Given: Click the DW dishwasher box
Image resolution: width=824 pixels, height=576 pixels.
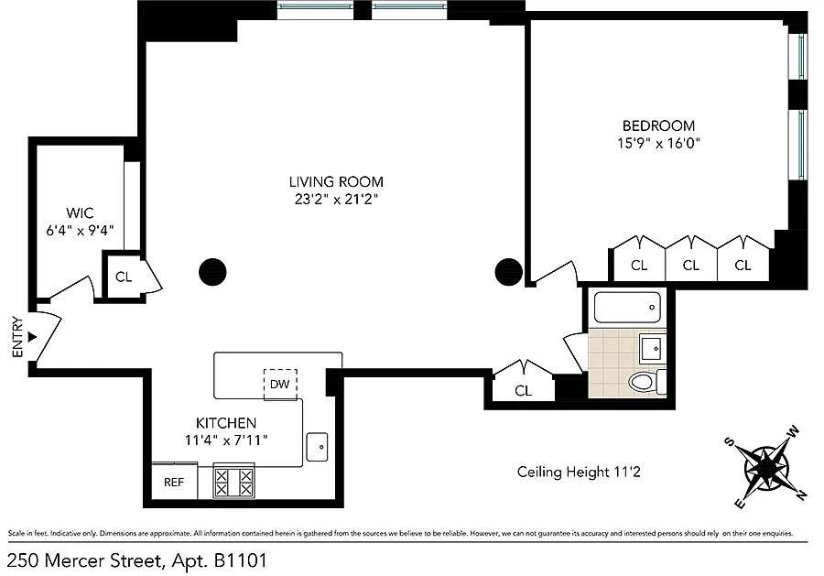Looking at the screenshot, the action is point(280,385).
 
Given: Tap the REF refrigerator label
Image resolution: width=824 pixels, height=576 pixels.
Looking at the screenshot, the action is point(174,482).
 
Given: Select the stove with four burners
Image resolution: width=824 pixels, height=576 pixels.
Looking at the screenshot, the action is point(233,481).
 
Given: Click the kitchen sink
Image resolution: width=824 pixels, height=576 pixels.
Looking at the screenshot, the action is point(317,447).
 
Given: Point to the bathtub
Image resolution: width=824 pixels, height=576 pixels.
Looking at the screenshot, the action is point(627,307).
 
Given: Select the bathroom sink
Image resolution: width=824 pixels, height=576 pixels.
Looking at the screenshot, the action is point(652,347).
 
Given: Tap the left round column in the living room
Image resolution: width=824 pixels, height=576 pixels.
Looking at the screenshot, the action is point(212,272).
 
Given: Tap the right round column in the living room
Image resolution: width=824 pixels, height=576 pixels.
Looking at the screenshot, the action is point(509,272).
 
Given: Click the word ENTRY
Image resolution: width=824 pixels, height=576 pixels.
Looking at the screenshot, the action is point(18,337).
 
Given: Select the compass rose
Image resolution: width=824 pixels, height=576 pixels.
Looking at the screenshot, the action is point(766,467).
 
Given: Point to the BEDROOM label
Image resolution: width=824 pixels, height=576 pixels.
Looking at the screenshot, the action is point(658,125).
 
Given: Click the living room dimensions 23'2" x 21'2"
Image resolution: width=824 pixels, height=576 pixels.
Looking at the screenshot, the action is point(336,200).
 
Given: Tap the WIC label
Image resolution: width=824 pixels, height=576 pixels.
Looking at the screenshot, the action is point(80,212).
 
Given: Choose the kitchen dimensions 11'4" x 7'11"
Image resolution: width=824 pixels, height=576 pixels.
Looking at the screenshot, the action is point(226,440).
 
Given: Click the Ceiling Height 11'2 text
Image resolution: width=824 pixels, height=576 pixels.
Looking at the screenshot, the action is point(579,472).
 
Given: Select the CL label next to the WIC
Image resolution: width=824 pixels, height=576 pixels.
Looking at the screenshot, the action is point(124,277).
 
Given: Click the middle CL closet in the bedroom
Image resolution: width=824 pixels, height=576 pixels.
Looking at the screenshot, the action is point(691,266).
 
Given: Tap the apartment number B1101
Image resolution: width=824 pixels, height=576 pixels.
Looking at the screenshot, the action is point(240,560).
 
